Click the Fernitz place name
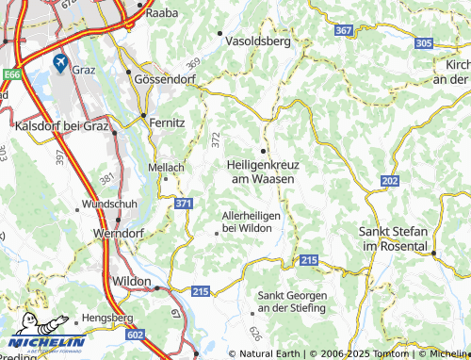(x=166, y=123)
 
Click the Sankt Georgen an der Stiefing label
(x=291, y=302)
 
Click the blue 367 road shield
(x=343, y=31)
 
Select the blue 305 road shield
(x=424, y=43)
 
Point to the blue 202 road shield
(x=390, y=180)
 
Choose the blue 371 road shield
(x=185, y=204)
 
